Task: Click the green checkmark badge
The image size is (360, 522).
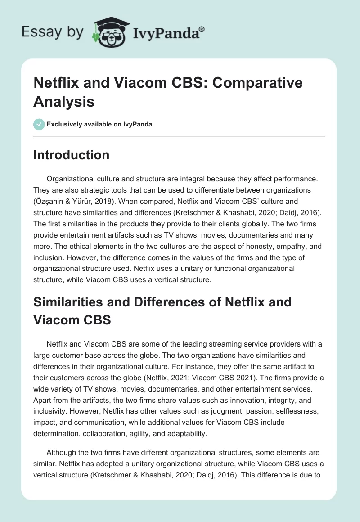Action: pyautogui.click(x=39, y=124)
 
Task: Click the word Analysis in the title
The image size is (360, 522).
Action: pyautogui.click(x=63, y=101)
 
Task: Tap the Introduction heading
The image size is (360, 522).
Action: pyautogui.click(x=71, y=155)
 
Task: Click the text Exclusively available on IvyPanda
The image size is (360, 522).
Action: pyautogui.click(x=99, y=124)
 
